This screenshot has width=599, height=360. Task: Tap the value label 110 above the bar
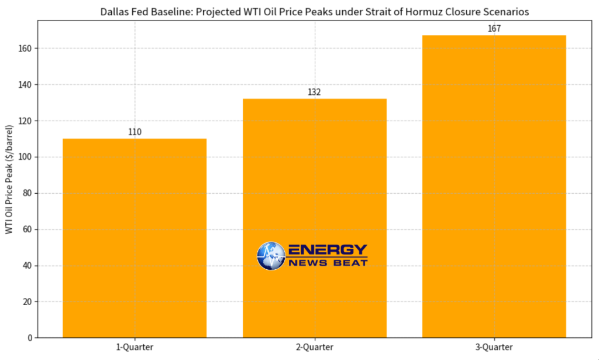click(135, 132)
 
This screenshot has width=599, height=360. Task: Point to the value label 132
click(315, 92)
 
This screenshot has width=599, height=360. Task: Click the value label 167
click(494, 29)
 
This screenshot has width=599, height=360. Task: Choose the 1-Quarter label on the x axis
click(135, 347)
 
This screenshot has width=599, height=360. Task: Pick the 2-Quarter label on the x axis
click(315, 347)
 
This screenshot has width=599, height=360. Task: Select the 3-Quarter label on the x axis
click(494, 347)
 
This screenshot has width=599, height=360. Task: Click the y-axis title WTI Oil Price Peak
click(9, 178)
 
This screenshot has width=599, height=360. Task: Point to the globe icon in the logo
click(270, 256)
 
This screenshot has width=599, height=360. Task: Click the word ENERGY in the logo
click(328, 250)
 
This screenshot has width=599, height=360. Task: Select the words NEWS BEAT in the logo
click(328, 263)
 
